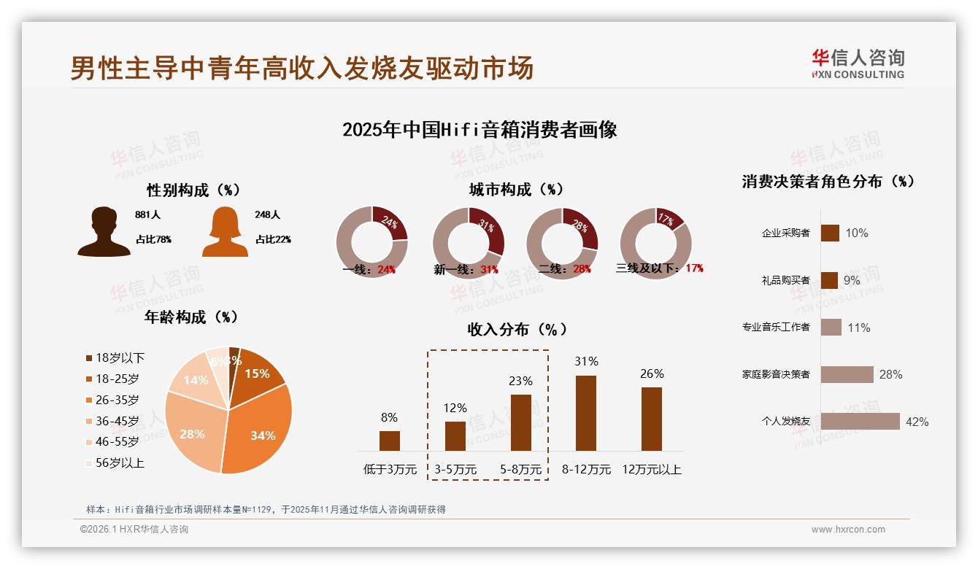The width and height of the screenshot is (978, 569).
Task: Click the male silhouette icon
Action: [104, 232]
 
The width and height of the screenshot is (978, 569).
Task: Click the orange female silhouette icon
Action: [225, 232]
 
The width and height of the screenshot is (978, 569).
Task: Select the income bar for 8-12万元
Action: [586, 413]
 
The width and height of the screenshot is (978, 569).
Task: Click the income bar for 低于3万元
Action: [390, 441]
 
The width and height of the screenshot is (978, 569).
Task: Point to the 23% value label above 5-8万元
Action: [521, 381]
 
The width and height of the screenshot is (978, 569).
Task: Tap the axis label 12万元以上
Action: [651, 470]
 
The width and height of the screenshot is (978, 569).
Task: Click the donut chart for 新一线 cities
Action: [468, 243]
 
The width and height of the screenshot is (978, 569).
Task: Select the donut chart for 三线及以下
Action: [655, 243]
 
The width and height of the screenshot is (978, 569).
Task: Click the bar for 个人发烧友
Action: [860, 422]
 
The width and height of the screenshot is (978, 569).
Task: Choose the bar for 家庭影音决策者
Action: [847, 374]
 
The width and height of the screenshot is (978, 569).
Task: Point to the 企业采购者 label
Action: [785, 233]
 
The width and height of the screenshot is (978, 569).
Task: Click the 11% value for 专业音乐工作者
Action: [858, 328]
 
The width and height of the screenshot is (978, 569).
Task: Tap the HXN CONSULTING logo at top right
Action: [858, 64]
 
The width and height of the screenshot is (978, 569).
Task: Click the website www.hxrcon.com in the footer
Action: [848, 530]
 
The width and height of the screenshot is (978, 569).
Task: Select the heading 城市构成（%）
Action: [516, 190]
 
